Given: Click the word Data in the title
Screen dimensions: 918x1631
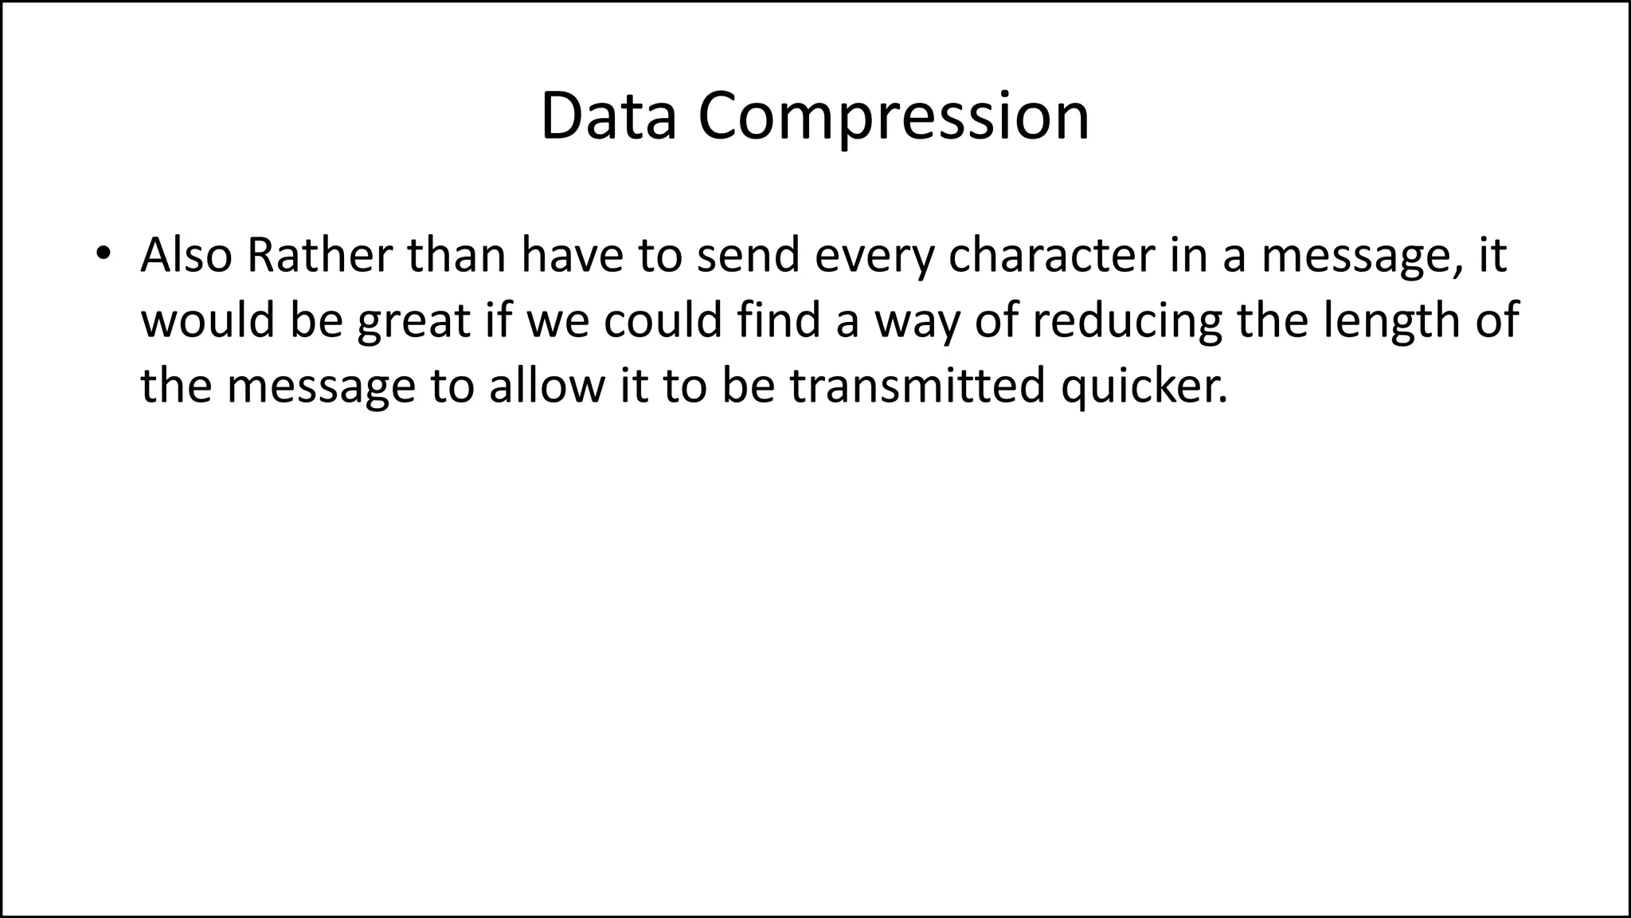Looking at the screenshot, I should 608,118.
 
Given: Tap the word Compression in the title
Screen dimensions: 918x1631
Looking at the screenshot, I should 894,118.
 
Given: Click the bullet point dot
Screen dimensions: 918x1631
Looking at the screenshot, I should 101,254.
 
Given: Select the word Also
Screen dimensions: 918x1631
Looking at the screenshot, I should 186,255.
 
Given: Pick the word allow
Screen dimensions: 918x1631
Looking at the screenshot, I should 547,386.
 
